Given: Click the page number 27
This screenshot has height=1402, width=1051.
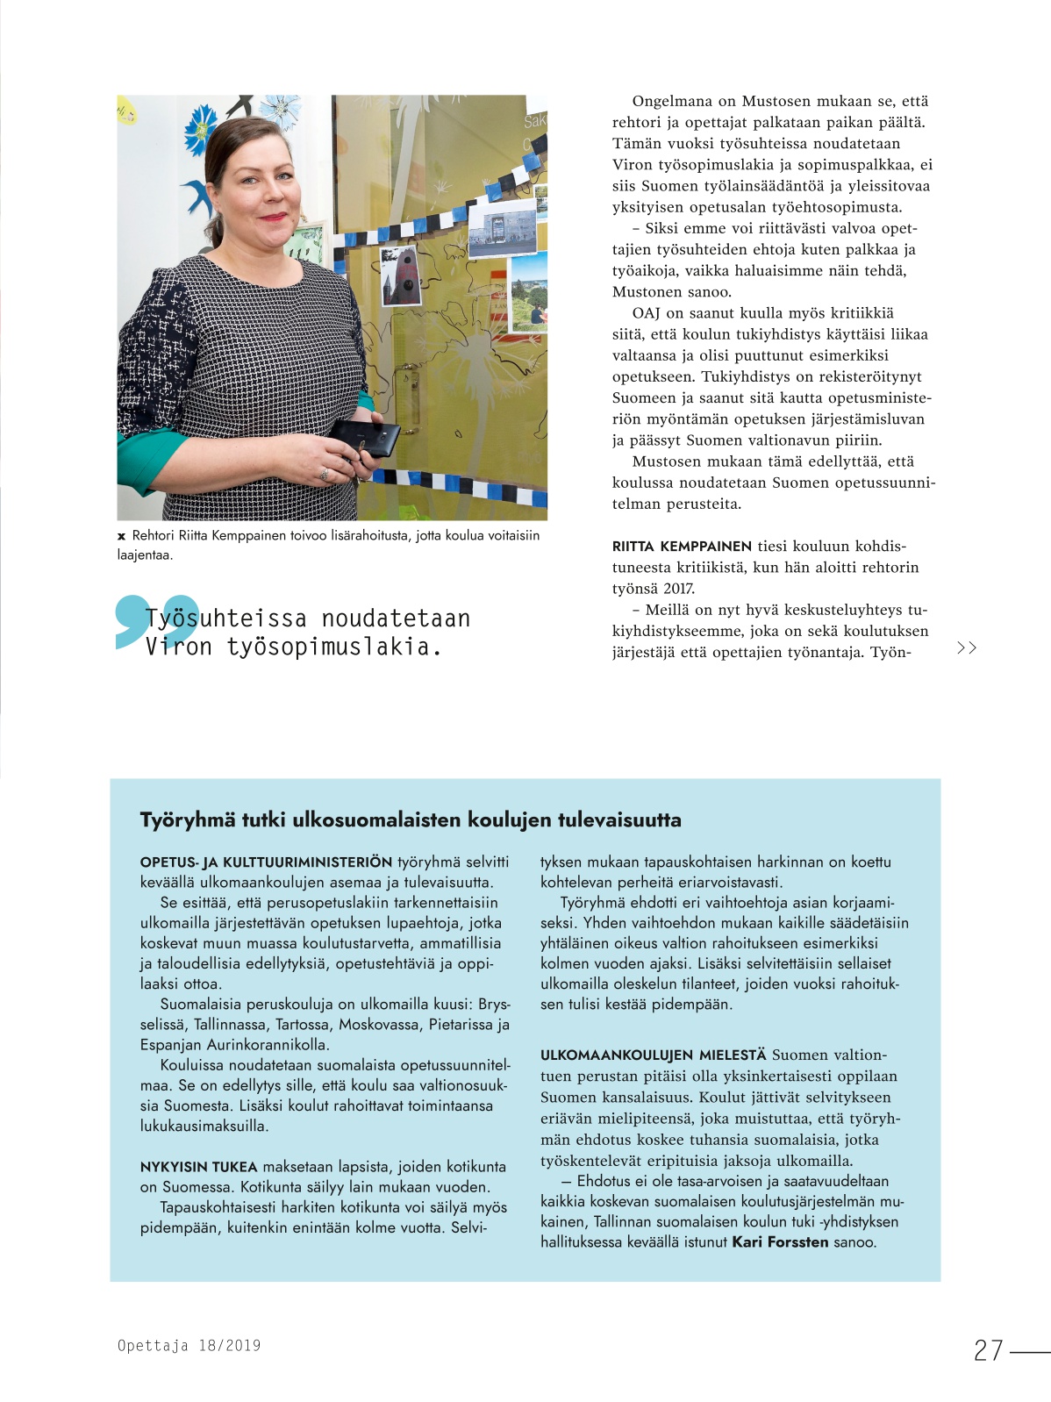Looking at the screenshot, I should (988, 1349).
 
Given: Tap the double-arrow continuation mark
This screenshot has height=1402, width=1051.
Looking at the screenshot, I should (966, 648).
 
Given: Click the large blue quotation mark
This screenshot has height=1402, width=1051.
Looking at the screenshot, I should (156, 621).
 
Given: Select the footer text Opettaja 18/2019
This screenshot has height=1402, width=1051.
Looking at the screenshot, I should (189, 1345).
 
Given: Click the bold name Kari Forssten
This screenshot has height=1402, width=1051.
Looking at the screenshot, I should (780, 1241).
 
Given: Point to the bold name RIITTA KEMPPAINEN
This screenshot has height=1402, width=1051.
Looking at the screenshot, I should (682, 546).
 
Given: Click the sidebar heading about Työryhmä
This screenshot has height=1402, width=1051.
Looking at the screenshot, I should (411, 820).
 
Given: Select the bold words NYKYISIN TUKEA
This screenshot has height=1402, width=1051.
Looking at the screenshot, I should (198, 1167).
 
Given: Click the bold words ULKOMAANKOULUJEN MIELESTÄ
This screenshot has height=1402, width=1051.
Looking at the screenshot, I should (653, 1055).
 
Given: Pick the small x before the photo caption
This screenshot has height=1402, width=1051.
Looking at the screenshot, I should (121, 536).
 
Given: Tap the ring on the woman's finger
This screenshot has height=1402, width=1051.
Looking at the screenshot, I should (325, 474).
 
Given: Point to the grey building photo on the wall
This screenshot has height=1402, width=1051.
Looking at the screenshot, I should (502, 229).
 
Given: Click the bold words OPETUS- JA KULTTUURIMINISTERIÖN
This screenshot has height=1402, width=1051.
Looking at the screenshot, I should (266, 862).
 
